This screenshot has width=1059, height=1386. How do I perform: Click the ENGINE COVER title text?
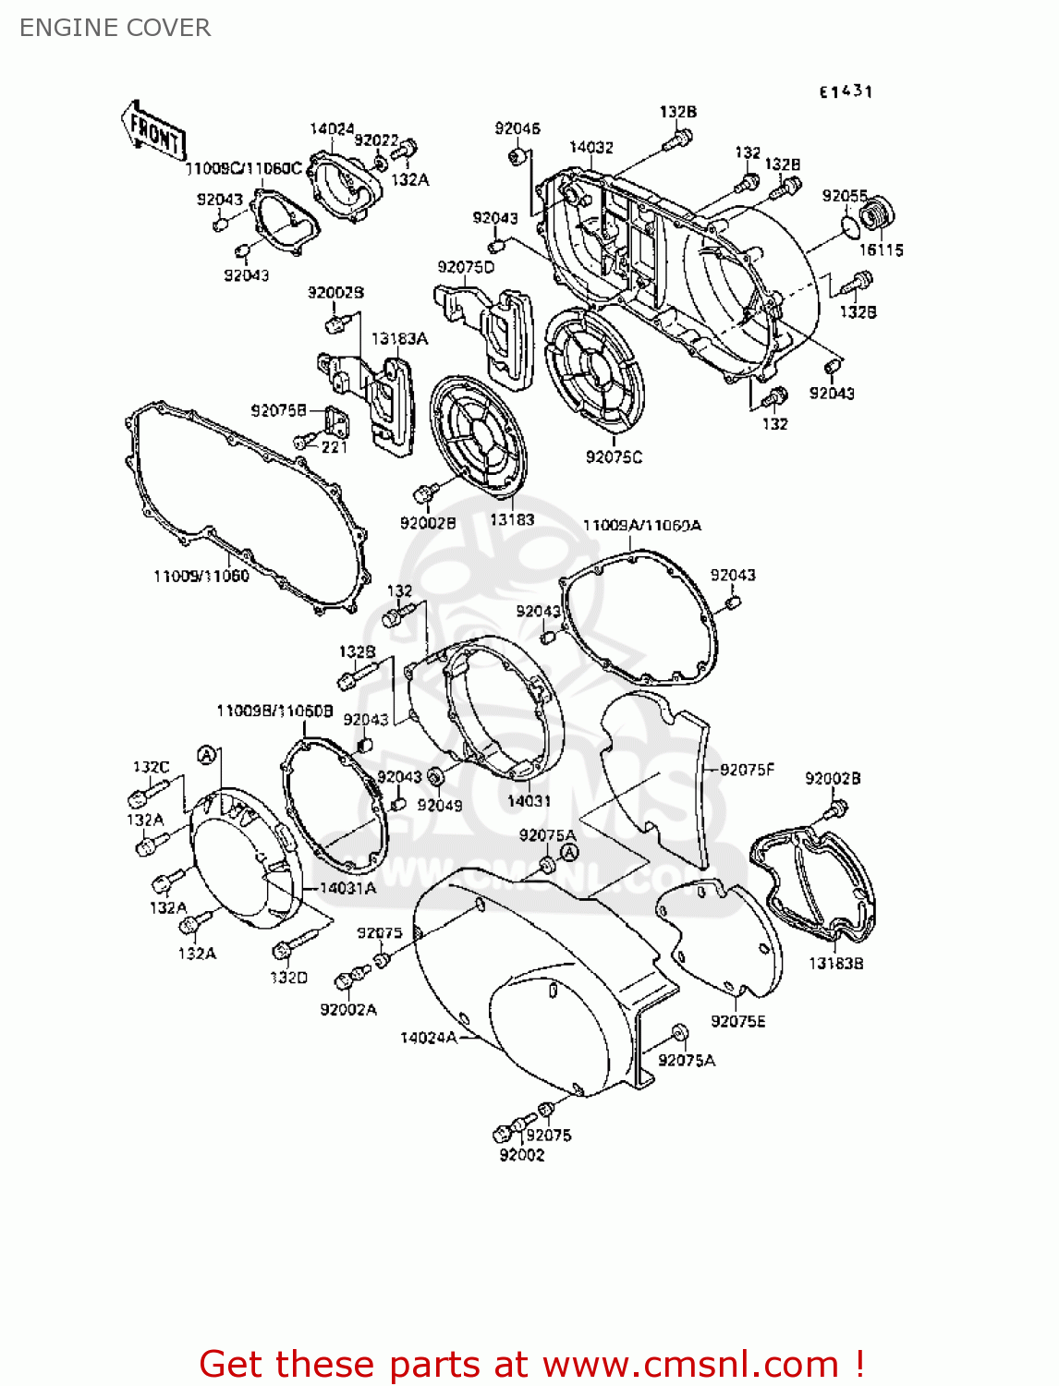(115, 28)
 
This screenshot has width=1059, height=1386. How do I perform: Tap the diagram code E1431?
(846, 91)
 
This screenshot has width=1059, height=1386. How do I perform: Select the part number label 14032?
(590, 147)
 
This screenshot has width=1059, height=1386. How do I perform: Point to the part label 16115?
(881, 249)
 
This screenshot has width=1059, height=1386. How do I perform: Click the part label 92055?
(845, 195)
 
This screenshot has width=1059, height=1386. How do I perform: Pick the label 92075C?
(614, 456)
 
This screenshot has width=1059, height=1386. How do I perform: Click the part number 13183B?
(835, 963)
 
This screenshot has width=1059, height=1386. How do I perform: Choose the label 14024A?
(428, 1037)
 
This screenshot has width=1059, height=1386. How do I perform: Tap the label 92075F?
(747, 769)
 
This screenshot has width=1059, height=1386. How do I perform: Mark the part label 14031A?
(347, 888)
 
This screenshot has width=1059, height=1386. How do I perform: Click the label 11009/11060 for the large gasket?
(201, 575)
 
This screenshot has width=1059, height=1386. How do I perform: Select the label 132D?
(288, 977)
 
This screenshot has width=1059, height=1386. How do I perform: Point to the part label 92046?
(517, 128)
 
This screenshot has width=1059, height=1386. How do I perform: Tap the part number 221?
(334, 446)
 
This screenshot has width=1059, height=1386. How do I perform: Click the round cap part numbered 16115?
(876, 215)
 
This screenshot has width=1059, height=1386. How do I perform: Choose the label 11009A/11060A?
(641, 525)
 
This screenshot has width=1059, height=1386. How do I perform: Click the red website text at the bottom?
(531, 1364)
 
